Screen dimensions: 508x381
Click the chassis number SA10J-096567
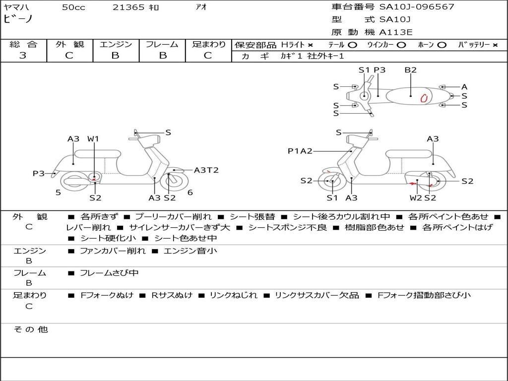point(417,7)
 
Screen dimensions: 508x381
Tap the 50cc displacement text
point(73,7)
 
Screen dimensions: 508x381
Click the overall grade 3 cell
point(23,56)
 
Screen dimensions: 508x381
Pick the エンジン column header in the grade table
point(116,44)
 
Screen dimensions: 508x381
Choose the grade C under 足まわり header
point(208,56)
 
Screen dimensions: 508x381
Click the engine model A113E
point(395,32)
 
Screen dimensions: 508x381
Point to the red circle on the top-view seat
point(424,98)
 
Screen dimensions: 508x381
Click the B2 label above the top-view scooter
point(410,70)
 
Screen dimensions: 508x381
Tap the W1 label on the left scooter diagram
point(93,139)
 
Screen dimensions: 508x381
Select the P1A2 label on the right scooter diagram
point(300,151)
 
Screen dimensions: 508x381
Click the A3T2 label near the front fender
point(206,170)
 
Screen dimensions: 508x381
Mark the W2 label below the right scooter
point(416,198)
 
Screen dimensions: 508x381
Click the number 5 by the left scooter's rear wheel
point(58,192)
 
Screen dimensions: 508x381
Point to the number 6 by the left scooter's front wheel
point(190,192)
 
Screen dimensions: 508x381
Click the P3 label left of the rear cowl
point(39,173)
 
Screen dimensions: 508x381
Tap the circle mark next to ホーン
point(442,45)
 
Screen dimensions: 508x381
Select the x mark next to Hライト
point(310,45)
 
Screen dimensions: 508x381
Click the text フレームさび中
point(109,273)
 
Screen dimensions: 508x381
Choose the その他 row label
point(30,329)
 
